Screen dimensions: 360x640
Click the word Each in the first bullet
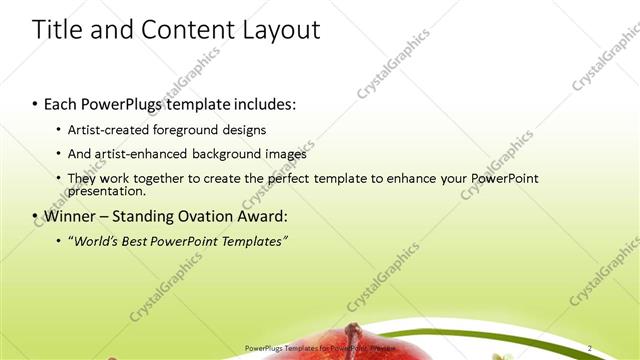pos(62,104)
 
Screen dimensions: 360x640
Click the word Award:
pos(264,215)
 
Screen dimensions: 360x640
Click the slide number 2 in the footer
pos(590,348)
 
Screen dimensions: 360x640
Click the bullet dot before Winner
pos(36,216)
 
